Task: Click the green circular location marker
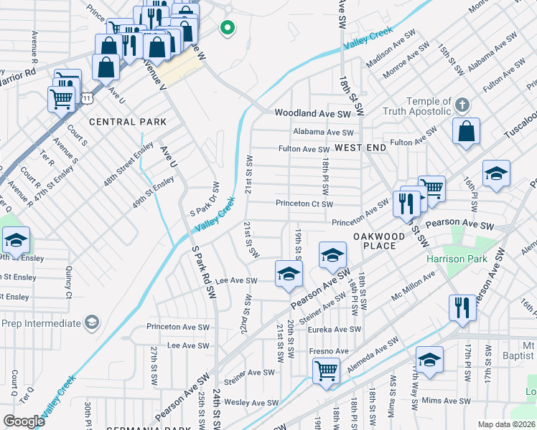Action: (227, 29)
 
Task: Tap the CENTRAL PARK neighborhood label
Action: (128, 123)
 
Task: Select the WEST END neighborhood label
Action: (360, 148)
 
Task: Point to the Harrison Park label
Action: (477, 259)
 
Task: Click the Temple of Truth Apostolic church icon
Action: (462, 105)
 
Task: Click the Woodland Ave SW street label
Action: (312, 114)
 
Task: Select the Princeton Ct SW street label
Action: (304, 204)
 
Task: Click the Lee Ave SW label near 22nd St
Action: (236, 282)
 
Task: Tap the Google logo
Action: (24, 421)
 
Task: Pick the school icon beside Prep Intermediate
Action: (92, 323)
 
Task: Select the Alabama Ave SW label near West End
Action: (323, 133)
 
